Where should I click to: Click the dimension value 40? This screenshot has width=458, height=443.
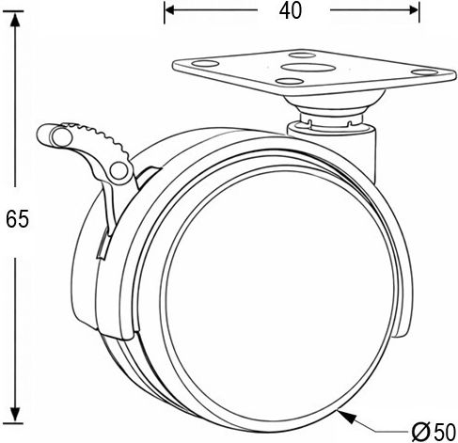tap(291, 10)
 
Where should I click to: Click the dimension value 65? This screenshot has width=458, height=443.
tap(18, 219)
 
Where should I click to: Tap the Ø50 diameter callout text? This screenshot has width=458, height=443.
tap(434, 433)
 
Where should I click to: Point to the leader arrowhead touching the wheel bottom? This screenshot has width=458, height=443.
tap(347, 417)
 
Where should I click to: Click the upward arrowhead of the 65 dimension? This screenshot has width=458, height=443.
tap(15, 20)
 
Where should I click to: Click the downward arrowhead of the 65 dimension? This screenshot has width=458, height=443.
tap(15, 415)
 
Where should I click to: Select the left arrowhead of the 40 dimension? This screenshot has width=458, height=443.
tap(169, 10)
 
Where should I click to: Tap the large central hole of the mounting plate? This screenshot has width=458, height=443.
tap(308, 67)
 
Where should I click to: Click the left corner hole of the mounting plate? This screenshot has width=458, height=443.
tap(205, 64)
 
